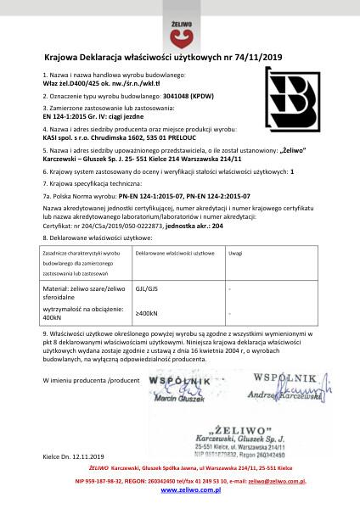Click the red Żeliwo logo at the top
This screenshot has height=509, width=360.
179,29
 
